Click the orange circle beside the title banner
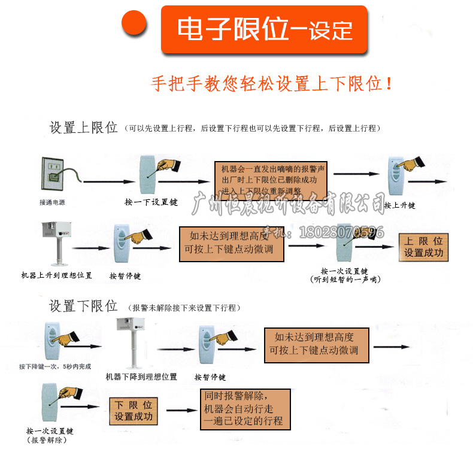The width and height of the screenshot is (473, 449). tap(135, 25)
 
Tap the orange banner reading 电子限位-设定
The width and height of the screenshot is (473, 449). tap(264, 29)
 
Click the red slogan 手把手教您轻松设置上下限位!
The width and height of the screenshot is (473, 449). tap(272, 83)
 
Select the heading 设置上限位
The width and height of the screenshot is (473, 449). tap(83, 128)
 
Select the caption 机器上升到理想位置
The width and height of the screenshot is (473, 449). tap(57, 275)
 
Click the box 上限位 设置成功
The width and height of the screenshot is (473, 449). tap(423, 247)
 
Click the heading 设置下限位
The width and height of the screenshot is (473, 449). tap(83, 307)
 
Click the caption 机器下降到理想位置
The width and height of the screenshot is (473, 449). tap(141, 377)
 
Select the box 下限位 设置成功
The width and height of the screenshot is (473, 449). tap(134, 411)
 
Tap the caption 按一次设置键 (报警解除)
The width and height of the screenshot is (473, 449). tap(50, 435)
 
